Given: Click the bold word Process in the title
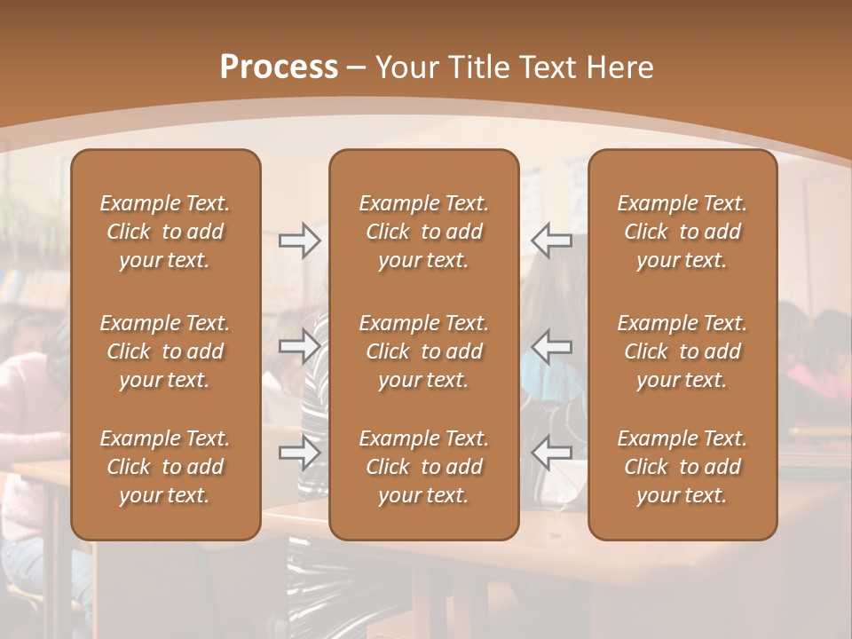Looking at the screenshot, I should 279,67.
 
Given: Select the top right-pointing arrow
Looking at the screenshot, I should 300,241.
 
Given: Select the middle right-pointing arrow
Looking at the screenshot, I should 300,346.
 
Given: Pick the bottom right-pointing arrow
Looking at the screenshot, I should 300,453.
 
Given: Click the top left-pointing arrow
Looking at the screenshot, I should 551,241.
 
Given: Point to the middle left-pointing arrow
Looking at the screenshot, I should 551,346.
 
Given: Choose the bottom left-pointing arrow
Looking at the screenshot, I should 551,453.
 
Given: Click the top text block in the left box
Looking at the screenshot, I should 165,232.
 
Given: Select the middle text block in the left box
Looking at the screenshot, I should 165,351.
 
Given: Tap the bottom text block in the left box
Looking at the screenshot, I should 165,467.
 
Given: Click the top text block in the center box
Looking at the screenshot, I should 423,232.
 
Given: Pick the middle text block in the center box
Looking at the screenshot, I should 423,351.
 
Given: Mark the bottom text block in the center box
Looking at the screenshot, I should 423,467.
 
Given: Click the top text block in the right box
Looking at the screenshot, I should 682,232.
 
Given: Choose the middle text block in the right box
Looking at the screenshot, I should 682,351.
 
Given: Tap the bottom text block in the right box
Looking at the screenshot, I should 682,467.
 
